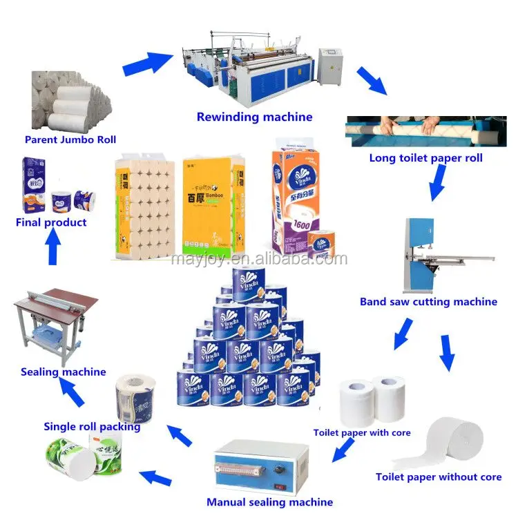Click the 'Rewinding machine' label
click(254, 117)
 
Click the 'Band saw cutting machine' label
click(428, 302)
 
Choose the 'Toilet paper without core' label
click(439, 477)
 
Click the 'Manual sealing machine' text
click(269, 502)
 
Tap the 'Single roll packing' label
click(92, 426)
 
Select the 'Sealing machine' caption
click(63, 372)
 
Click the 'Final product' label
click(52, 222)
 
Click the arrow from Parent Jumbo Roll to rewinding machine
click(147, 64)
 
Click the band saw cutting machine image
click(442, 256)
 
